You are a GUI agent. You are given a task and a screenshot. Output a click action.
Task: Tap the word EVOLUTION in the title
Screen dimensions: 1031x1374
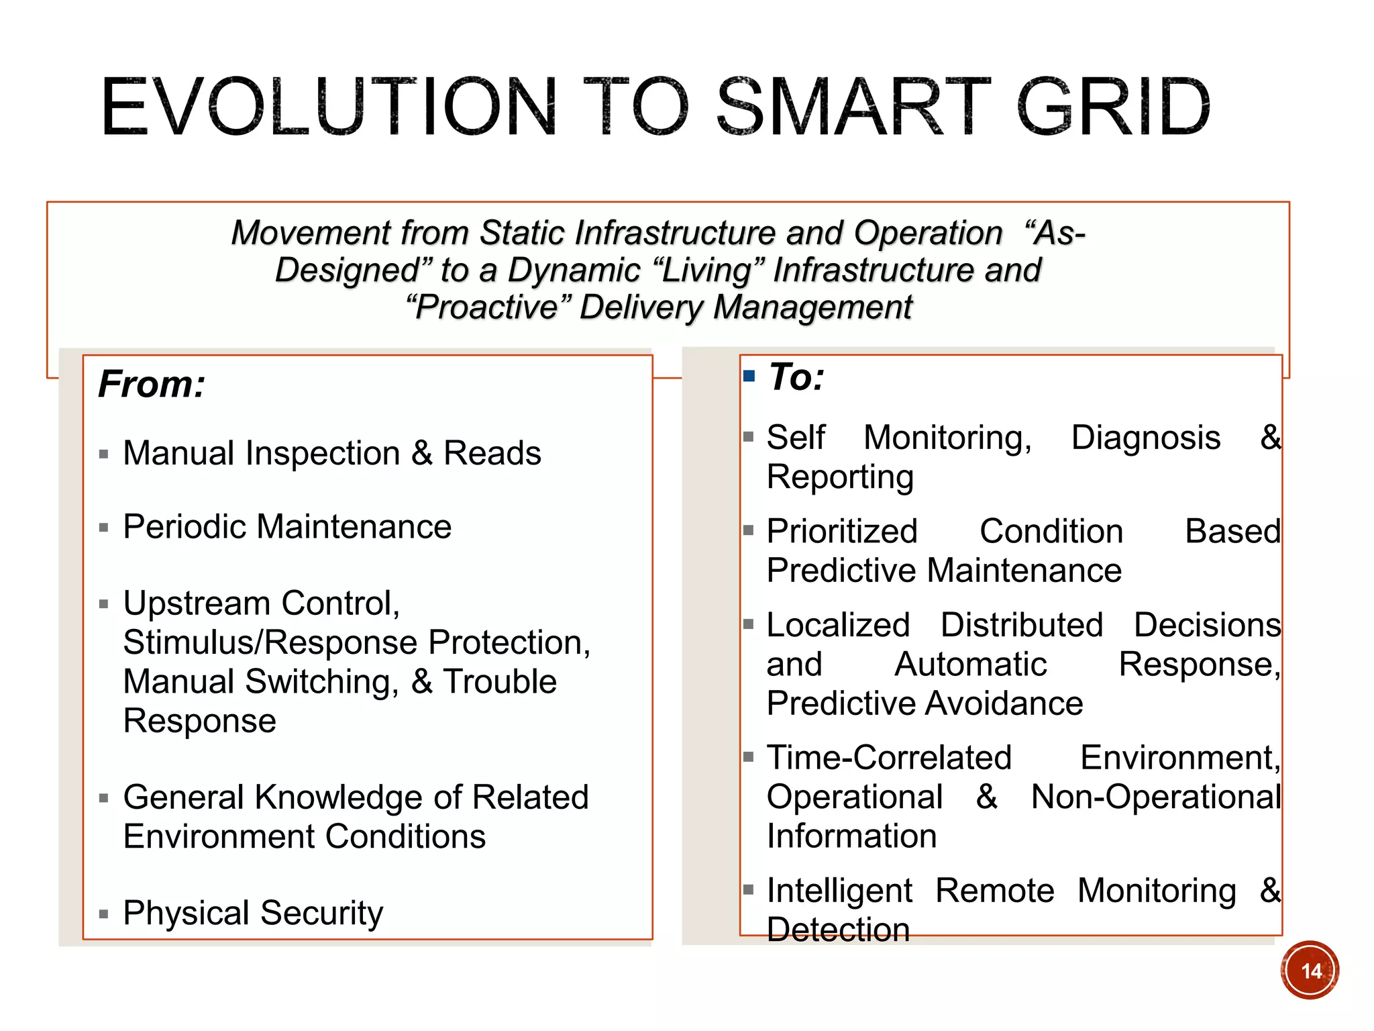(329, 107)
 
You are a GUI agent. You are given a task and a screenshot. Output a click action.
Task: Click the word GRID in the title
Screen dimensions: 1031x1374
(1114, 107)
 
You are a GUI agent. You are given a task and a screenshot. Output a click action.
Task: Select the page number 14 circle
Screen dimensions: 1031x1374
(1310, 971)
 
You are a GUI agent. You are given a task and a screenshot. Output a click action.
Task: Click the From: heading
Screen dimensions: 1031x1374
(152, 385)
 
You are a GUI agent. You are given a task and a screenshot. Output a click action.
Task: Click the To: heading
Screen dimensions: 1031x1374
(796, 377)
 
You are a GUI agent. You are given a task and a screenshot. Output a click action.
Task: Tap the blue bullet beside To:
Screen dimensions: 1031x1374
(749, 376)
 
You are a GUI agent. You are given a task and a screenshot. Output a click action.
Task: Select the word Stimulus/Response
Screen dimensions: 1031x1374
(271, 642)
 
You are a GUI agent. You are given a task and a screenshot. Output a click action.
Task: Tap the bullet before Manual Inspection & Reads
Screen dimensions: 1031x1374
(103, 454)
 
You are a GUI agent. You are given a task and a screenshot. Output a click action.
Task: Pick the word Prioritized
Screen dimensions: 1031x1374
(842, 532)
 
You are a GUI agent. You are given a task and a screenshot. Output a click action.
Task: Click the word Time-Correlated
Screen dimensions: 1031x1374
(889, 758)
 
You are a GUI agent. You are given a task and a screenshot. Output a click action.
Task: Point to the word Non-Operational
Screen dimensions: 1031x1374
(1155, 797)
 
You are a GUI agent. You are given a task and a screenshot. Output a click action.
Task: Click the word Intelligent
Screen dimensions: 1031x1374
(839, 891)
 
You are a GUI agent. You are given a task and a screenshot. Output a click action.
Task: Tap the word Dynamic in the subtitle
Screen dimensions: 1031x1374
(574, 271)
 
